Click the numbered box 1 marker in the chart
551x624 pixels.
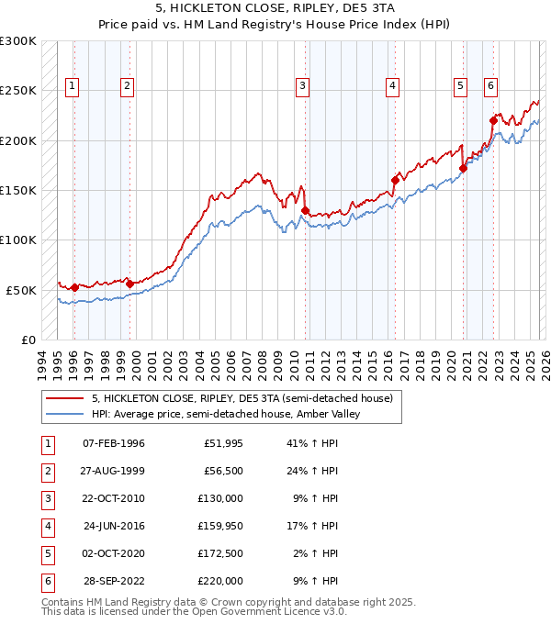point(73,86)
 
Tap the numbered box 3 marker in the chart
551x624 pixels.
point(302,86)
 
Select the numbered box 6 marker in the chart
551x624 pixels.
point(490,86)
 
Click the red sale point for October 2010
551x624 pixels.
point(304,210)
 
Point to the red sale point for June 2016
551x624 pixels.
point(394,180)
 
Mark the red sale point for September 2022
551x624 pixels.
point(494,120)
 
